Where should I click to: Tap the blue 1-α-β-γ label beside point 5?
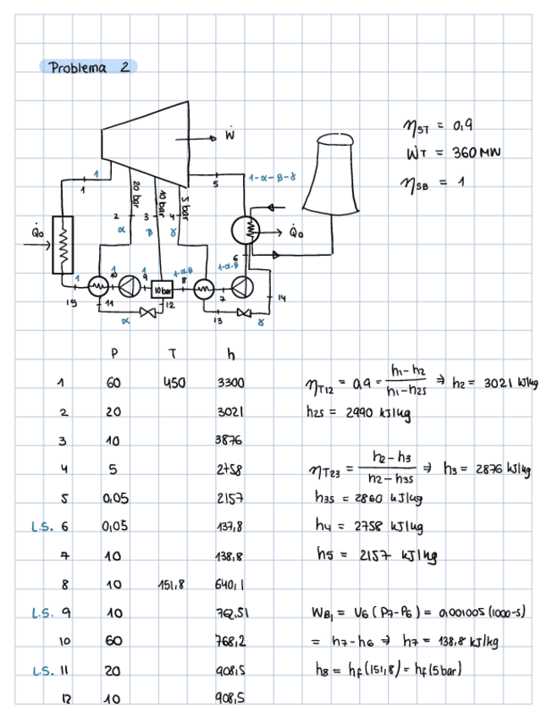coord(272,178)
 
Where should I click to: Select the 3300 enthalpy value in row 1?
coord(229,383)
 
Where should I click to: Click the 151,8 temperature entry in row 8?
coord(171,584)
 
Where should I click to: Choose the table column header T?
coord(172,352)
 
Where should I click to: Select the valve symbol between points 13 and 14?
coord(245,313)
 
